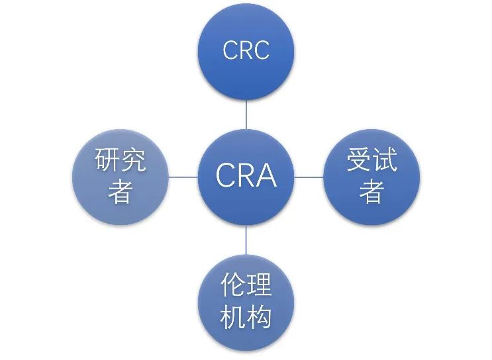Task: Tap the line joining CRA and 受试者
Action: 309,177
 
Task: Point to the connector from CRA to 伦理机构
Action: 246,240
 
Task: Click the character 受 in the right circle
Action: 358,161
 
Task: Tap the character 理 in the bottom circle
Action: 260,287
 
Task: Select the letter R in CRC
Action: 246,51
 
